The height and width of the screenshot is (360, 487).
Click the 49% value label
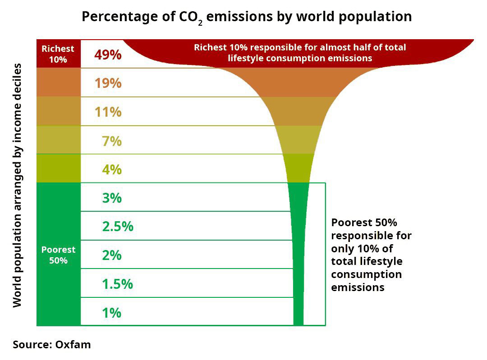(108, 55)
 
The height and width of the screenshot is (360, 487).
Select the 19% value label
(108, 83)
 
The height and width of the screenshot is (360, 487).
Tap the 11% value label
(108, 112)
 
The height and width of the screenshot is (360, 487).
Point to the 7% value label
(111, 141)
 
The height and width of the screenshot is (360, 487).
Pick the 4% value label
(111, 169)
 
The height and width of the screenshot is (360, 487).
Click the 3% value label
(111, 198)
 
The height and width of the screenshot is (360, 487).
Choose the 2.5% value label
(118, 226)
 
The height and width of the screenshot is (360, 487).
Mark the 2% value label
(111, 255)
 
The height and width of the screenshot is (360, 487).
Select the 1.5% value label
(118, 284)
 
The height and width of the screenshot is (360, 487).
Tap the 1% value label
(111, 312)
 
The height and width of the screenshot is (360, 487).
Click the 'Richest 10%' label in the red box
(58, 54)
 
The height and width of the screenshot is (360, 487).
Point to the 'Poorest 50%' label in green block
(58, 255)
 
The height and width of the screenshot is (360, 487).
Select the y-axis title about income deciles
(17, 185)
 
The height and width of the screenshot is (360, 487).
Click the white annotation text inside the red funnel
(300, 53)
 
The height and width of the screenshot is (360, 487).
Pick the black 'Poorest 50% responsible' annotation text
(371, 255)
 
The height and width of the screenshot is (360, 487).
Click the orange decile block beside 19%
(58, 82)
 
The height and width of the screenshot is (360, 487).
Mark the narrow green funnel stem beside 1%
(298, 312)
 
